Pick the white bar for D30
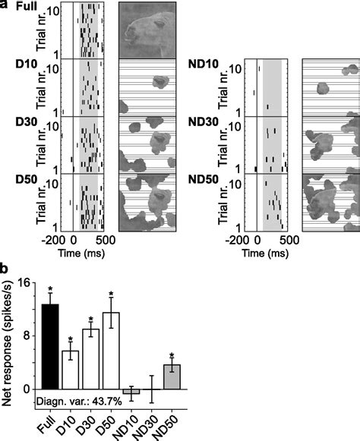[91, 358]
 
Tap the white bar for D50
[112, 351]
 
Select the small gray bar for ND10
[131, 391]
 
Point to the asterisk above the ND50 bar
[172, 356]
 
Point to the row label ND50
[206, 179]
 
